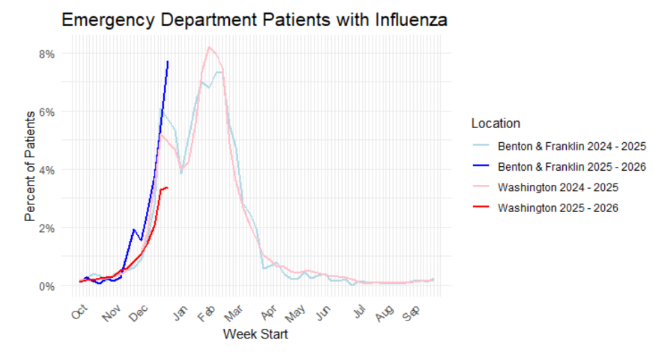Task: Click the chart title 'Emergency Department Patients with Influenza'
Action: click(254, 20)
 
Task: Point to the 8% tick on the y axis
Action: click(46, 54)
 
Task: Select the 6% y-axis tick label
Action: click(46, 112)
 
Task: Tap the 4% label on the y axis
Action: click(46, 170)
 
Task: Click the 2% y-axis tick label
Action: click(46, 228)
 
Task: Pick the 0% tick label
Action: click(46, 286)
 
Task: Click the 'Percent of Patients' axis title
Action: click(30, 166)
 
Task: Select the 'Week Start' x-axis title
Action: click(255, 334)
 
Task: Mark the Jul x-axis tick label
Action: click(359, 313)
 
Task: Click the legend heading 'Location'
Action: click(495, 124)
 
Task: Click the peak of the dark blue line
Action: click(167, 61)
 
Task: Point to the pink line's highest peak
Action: click(209, 47)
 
